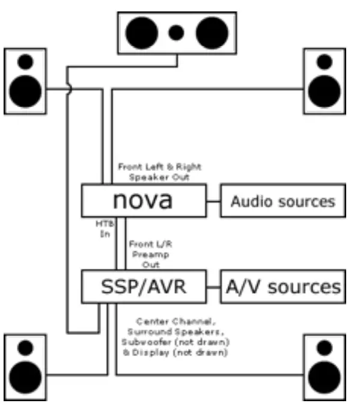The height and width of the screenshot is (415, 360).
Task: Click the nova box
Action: [x=144, y=201]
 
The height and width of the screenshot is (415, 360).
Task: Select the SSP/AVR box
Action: [x=143, y=286]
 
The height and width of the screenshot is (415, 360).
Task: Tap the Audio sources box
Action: [x=283, y=201]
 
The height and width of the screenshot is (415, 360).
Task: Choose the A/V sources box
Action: [x=283, y=286]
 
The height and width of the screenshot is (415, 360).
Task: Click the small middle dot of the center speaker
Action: [x=176, y=32]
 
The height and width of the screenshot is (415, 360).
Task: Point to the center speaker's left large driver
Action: [x=141, y=32]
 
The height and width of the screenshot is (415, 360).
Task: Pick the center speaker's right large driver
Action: [x=211, y=32]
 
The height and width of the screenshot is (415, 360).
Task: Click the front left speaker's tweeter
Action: [x=25, y=61]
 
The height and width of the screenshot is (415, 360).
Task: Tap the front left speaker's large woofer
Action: [x=25, y=90]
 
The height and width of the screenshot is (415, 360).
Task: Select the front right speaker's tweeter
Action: [x=325, y=61]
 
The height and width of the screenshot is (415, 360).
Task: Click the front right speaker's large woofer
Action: [x=325, y=90]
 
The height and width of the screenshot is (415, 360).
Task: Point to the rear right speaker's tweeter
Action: [x=325, y=348]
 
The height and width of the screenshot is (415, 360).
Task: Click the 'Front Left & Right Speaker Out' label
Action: [x=159, y=172]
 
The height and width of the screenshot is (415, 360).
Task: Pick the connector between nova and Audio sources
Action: [x=213, y=201]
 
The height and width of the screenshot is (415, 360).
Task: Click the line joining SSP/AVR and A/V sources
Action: [x=213, y=286]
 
